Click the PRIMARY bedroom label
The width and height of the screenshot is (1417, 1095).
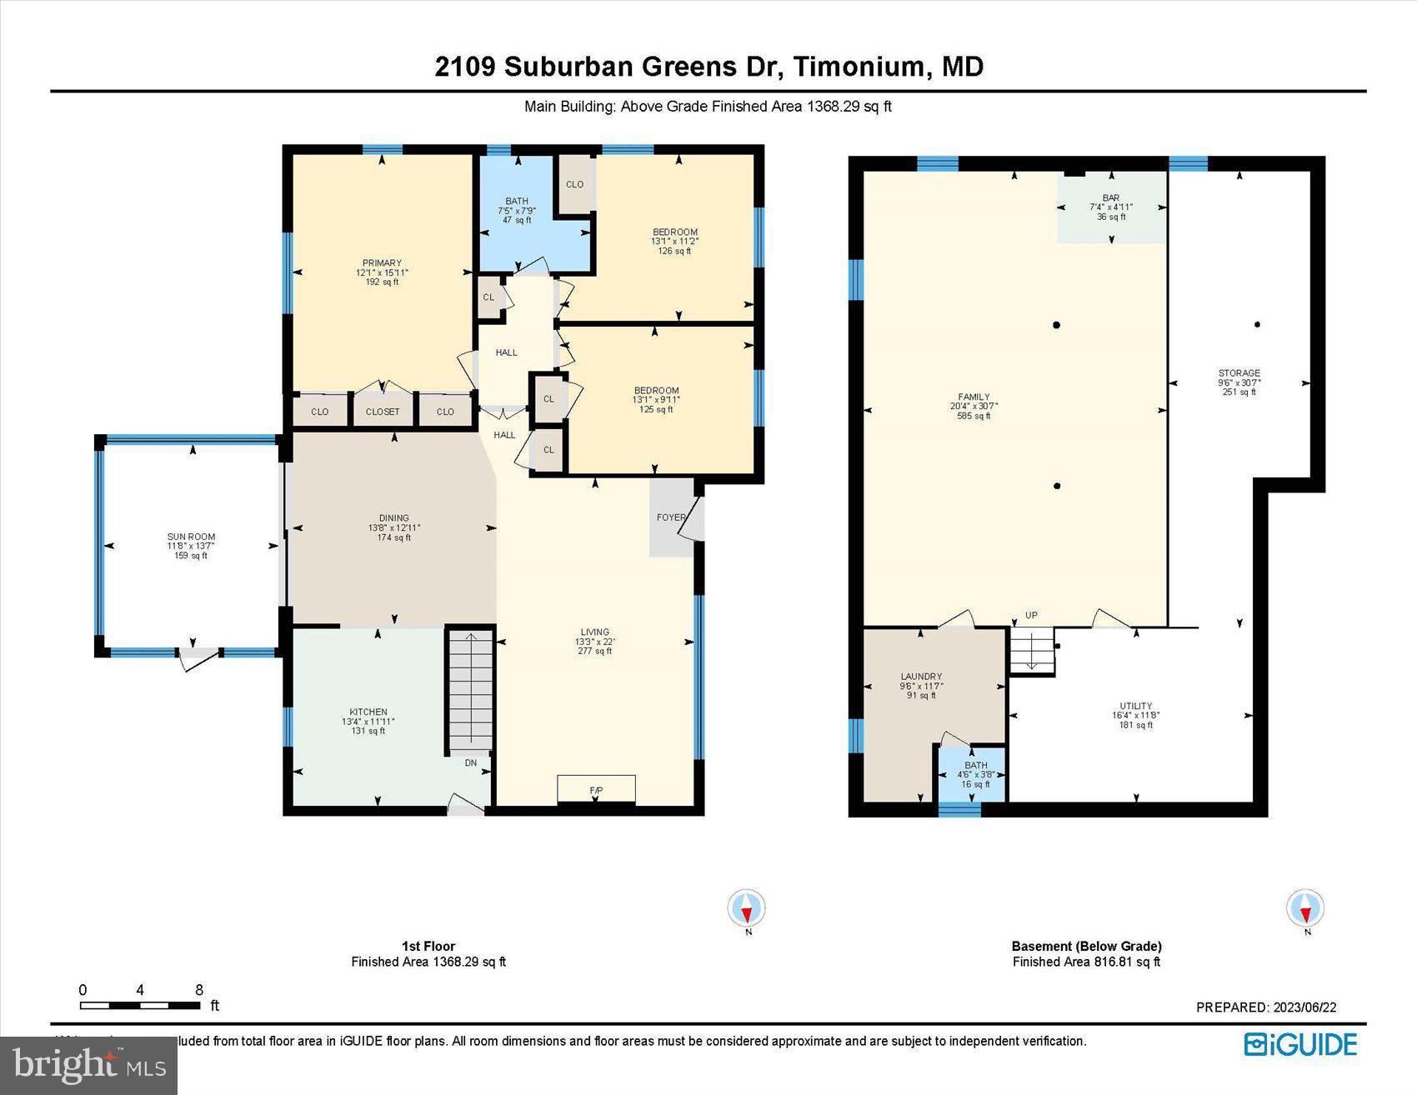[382, 263]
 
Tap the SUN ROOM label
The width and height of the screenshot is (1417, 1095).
[191, 537]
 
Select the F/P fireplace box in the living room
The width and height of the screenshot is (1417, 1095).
[596, 788]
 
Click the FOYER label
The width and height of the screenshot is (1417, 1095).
[670, 517]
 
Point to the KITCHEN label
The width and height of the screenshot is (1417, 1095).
[368, 712]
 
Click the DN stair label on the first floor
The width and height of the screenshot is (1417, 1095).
[471, 762]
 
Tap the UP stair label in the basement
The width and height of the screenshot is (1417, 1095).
[1031, 616]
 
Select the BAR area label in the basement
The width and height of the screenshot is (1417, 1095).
[1110, 198]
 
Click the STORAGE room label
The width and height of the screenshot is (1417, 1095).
[1239, 373]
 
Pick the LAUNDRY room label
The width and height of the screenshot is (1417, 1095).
[921, 677]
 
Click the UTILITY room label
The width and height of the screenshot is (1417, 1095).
[1135, 707]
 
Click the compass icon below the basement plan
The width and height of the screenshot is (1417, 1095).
[1305, 908]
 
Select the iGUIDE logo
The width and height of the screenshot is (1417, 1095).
[1300, 1044]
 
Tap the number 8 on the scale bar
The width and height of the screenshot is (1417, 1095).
[199, 990]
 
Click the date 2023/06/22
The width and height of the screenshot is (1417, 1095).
[1304, 1007]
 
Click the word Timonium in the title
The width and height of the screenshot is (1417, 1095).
[859, 67]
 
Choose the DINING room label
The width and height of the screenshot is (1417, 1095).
[394, 518]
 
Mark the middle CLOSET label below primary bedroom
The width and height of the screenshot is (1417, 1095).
[383, 412]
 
